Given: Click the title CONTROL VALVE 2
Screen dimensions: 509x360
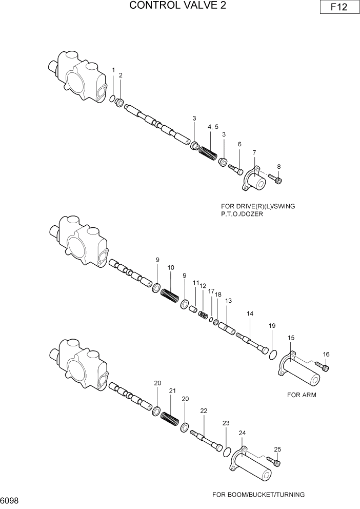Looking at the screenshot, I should click(178, 6).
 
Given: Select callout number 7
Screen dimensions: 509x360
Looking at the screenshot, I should click(254, 152).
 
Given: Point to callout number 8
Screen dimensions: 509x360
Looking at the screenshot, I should click(278, 166).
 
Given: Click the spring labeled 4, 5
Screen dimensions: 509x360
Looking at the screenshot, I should click(209, 153).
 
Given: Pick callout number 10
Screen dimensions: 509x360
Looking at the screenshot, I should click(171, 268).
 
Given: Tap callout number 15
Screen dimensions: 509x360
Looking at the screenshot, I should click(291, 338).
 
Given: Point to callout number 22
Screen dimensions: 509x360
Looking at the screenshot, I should click(204, 410).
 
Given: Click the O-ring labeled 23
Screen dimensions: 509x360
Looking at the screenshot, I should click(226, 451).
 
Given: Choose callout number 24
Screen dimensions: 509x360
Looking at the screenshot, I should click(243, 433).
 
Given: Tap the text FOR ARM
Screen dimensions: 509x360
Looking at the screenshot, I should click(302, 395).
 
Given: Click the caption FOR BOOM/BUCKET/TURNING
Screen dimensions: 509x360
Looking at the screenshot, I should click(258, 495).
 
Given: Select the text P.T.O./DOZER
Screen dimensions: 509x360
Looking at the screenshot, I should click(240, 214).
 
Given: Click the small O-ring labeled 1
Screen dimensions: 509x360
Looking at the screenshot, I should click(112, 98).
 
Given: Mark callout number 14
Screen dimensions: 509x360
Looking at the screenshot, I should click(250, 313).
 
